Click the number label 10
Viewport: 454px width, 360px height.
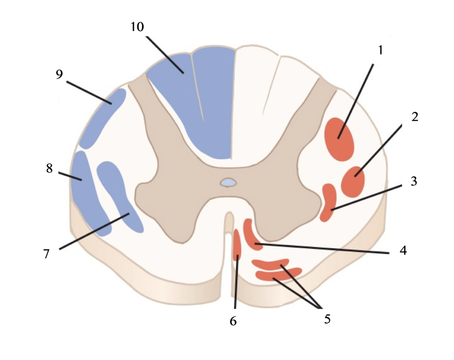coord(137,27)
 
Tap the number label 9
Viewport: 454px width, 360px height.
coord(60,74)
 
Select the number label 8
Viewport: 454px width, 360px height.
coord(50,168)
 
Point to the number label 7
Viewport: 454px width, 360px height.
coord(47,253)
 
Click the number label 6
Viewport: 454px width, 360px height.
coord(233,321)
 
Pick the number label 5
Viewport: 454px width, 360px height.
coord(327,319)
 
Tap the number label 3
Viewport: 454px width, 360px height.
coord(414,181)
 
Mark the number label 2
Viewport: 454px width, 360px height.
coord(415,117)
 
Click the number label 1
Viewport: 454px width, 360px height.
coord(380,50)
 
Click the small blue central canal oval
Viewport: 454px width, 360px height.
coord(228,182)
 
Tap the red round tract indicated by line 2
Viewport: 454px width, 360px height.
coord(353,181)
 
